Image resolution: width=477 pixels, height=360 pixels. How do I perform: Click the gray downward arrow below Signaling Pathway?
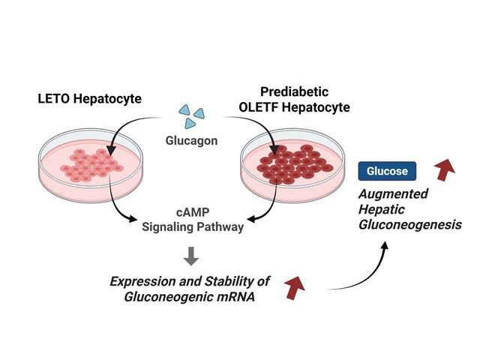[x=192, y=256]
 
